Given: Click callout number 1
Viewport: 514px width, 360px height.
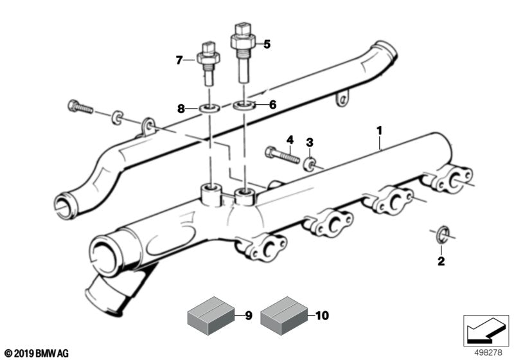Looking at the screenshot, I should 379,130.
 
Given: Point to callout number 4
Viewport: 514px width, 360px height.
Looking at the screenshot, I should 290,139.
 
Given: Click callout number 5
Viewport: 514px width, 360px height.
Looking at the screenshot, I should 267,44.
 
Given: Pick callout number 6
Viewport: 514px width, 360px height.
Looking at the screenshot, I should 272,104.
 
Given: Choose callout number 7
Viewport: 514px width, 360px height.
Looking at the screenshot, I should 179,61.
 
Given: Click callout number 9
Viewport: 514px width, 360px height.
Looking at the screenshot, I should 249,316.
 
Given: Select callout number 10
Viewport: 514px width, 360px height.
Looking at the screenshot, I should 322,316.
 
